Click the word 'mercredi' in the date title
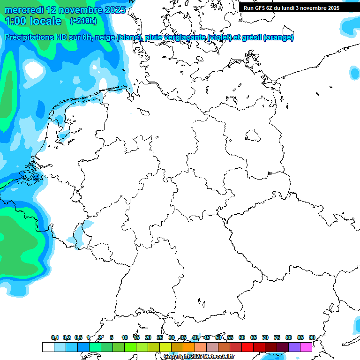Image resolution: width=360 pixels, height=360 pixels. pos(24,10)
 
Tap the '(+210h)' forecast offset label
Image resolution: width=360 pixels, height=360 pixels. pos(83,21)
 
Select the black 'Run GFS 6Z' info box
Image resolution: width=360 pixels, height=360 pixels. pos(292,7)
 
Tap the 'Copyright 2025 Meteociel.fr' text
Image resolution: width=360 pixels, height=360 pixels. pos(199,357)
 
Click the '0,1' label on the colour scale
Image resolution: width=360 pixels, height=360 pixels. pos(55,337)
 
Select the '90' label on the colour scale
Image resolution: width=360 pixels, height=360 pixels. pos(312,337)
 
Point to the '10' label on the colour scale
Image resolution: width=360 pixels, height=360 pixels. pos(124,337)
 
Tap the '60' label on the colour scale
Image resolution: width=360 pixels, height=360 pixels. pos(241,337)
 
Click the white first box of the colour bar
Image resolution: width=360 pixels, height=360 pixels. pos(48,347)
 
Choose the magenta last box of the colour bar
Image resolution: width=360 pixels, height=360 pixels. pos(306,347)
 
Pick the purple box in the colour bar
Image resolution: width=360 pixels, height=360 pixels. pos(294,347)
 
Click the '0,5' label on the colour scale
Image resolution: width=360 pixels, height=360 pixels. pos(78,337)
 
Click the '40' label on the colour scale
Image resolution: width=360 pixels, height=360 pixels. pos(195,337)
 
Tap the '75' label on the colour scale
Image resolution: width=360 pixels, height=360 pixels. pos(277,337)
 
